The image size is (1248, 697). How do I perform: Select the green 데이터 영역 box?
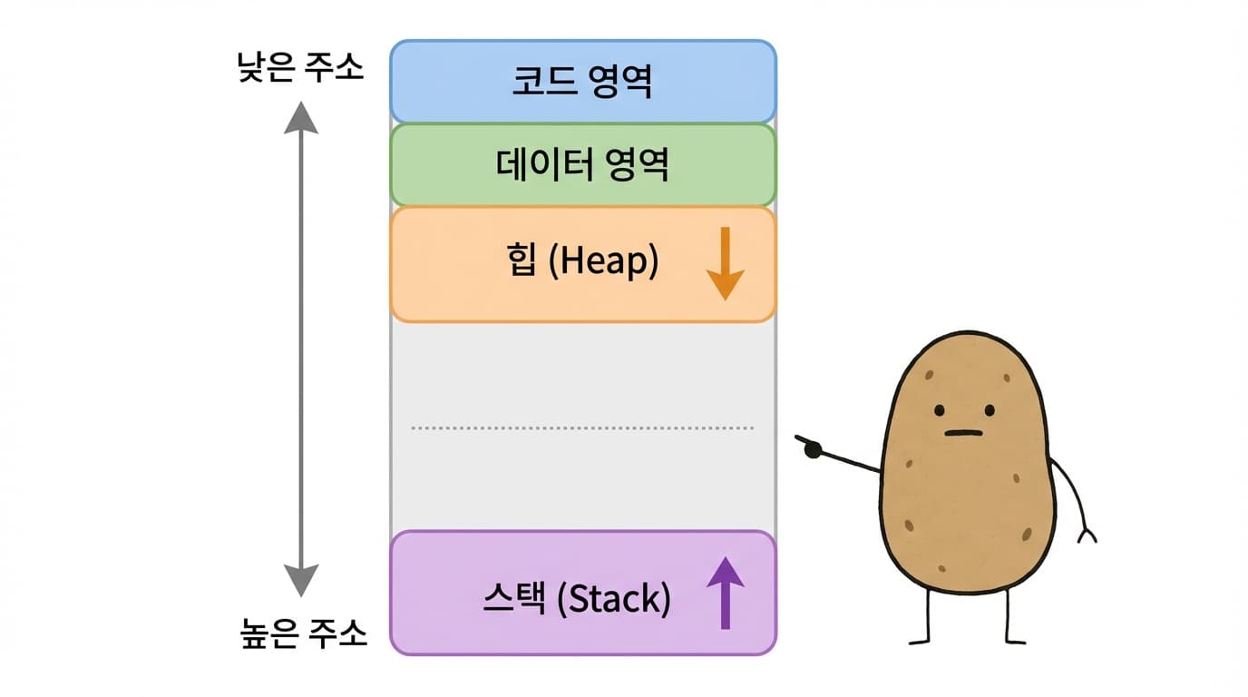[435, 164]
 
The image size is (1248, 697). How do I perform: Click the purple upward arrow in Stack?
[725, 594]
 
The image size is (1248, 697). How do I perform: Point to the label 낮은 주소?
[300, 69]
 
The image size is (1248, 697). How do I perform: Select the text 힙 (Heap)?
[582, 262]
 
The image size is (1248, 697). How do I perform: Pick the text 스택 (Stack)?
[577, 599]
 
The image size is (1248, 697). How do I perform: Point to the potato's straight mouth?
[963, 433]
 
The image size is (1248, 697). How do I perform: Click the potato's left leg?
[927, 617]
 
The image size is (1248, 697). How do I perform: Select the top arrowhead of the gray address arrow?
[301, 118]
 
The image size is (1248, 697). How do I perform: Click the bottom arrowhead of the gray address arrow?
[301, 579]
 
